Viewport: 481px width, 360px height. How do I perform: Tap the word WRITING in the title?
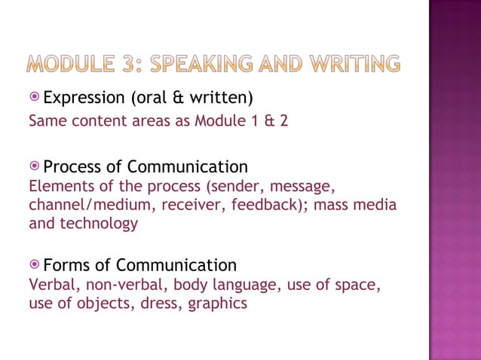(351, 65)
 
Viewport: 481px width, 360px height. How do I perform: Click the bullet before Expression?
(35, 98)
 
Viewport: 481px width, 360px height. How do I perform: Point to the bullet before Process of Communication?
(35, 166)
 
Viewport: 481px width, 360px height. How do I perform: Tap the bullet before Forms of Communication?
(35, 265)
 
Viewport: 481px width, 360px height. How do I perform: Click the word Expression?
(85, 98)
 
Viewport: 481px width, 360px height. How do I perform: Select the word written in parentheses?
(222, 98)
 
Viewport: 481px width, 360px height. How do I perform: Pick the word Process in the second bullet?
(75, 166)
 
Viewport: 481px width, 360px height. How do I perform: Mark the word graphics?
(218, 304)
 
